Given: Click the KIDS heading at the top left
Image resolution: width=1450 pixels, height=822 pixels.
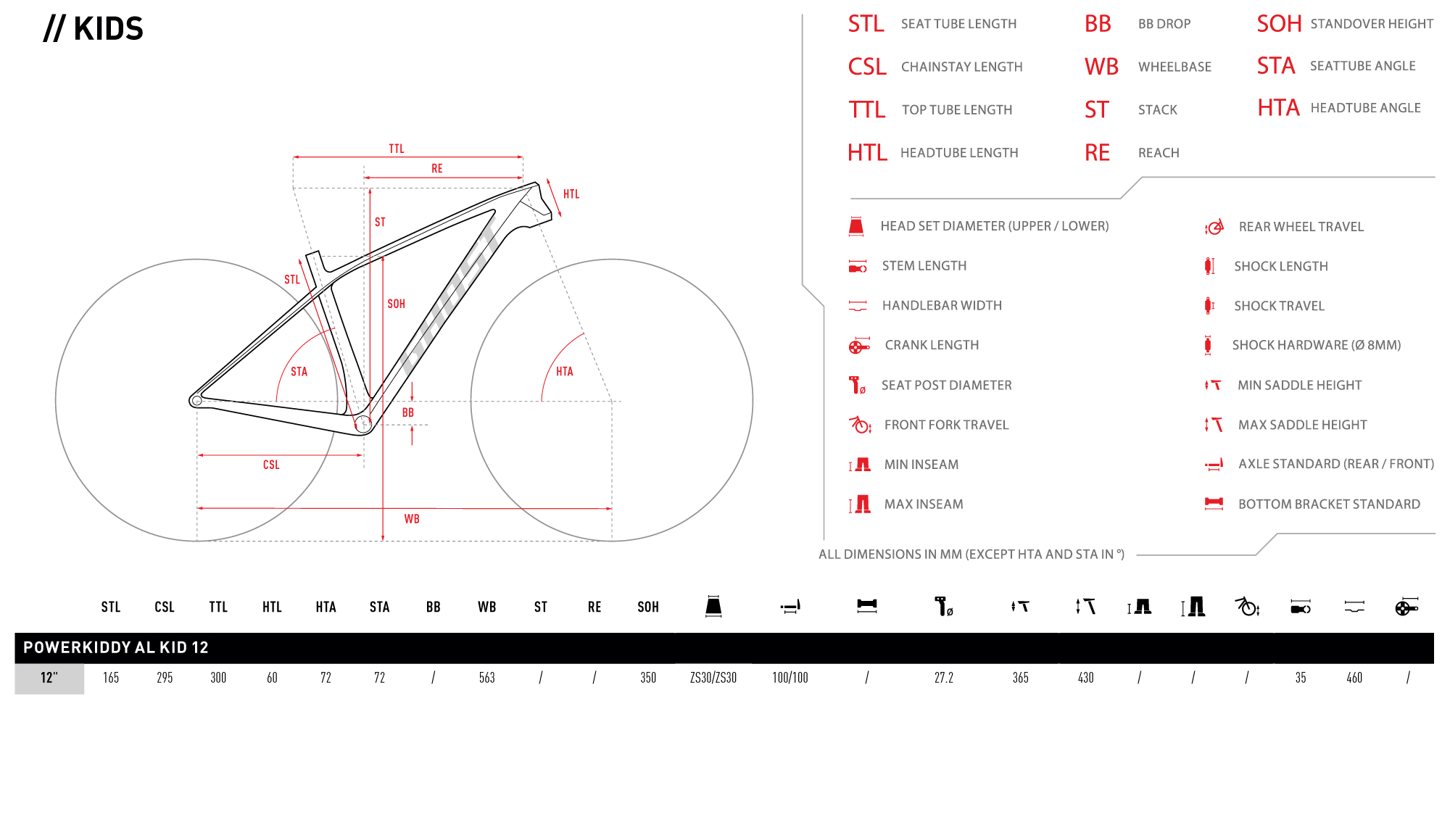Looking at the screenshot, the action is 94,29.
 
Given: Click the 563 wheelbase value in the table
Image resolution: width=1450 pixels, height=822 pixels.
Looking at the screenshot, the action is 487,678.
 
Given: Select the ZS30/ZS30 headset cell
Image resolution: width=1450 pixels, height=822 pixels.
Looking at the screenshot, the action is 713,678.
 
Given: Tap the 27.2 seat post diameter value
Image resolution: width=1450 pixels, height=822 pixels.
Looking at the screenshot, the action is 944,678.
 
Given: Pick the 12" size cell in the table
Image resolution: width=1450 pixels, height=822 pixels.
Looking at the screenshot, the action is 49,678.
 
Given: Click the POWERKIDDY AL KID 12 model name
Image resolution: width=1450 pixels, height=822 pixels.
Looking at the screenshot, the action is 116,647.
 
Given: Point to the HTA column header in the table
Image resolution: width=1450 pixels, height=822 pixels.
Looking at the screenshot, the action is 326,607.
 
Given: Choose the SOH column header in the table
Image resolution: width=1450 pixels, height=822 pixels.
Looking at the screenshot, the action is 648,607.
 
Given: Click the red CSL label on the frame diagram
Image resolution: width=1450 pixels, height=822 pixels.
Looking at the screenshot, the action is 271,465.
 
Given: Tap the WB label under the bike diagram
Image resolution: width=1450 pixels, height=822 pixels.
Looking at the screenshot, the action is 412,519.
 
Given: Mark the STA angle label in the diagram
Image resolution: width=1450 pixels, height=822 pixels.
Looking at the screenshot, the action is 299,372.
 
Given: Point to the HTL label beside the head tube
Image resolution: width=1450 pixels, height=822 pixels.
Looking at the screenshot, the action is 571,194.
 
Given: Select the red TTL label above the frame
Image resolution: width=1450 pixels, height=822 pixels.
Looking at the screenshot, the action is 397,149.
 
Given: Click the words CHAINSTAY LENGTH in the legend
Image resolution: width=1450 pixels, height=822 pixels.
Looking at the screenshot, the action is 962,67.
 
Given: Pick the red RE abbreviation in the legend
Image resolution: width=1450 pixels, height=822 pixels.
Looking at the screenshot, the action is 1098,153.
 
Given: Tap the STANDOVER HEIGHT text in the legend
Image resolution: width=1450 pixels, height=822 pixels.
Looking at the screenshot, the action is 1372,24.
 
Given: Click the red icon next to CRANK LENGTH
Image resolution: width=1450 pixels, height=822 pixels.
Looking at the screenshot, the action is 859,346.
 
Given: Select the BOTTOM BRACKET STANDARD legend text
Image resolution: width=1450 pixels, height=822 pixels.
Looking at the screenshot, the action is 1329,505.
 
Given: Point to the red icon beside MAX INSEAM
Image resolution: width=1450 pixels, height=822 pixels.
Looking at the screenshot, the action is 860,505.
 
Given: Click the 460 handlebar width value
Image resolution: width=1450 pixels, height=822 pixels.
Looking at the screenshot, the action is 1354,678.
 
